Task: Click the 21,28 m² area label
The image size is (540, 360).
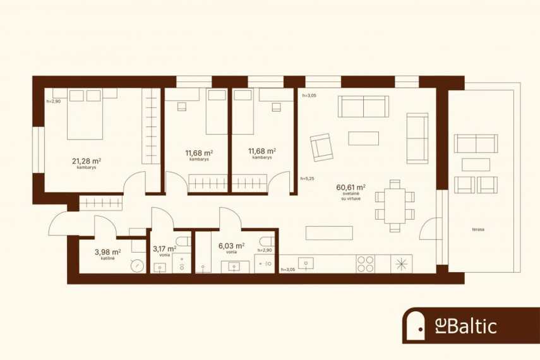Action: (87, 161)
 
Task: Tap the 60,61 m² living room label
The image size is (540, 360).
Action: (351, 188)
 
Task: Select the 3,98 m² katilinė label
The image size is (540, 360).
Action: (108, 252)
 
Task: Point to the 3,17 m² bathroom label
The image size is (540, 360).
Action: (165, 249)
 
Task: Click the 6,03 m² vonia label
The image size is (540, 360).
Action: (231, 246)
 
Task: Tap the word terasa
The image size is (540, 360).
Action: (478, 229)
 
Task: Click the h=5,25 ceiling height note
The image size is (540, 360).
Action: (307, 179)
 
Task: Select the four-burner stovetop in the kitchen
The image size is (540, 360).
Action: (366, 264)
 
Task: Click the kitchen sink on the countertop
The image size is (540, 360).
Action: (306, 263)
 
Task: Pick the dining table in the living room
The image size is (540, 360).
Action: (395, 206)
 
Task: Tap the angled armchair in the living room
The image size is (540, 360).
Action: (321, 147)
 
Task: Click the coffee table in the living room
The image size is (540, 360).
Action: (363, 138)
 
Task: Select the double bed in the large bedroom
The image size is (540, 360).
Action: (85, 114)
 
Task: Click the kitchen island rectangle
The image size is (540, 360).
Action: (329, 233)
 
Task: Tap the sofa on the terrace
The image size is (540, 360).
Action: (476, 143)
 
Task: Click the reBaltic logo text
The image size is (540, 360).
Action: (466, 326)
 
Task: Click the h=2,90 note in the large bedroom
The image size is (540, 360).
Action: (54, 102)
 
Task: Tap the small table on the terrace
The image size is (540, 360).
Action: (476, 165)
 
